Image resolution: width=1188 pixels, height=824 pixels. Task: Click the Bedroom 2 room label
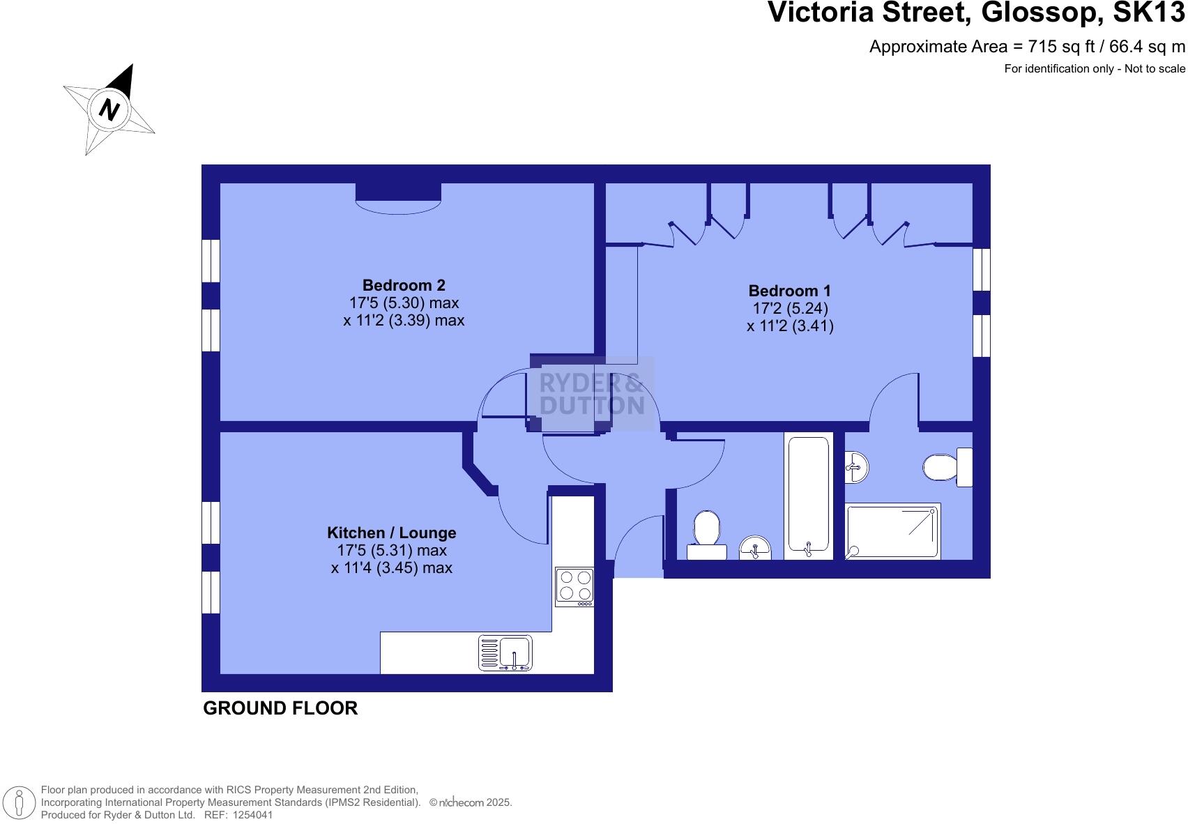coord(404,285)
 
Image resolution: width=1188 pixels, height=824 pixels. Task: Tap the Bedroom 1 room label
coord(789,291)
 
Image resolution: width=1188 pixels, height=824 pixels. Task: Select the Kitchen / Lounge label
coord(391,533)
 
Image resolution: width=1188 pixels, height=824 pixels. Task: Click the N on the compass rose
coord(109,109)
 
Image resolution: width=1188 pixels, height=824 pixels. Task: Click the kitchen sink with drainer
coord(505,653)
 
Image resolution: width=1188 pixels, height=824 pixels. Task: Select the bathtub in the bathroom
coord(808,496)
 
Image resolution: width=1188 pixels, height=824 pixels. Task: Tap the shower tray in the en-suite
coord(892,531)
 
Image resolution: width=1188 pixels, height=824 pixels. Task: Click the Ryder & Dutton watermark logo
coord(593,395)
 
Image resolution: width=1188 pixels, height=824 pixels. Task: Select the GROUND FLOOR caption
coord(280,708)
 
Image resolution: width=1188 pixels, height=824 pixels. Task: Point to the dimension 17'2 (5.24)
coord(789,308)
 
